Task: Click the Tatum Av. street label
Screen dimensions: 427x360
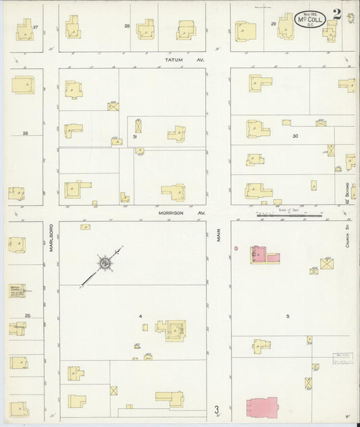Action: point(175,59)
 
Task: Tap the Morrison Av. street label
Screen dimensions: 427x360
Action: point(172,212)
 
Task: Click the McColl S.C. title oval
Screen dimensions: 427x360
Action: point(310,19)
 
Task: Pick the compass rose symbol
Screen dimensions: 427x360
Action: point(105,262)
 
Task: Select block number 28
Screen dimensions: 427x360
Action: point(126,26)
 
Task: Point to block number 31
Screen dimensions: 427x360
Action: point(135,137)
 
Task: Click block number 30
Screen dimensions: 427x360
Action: point(295,136)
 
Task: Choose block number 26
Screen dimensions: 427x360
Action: point(26,133)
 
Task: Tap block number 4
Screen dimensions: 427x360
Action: point(140,316)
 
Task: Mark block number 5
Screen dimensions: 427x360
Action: point(287,316)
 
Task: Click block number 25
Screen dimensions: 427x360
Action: point(28,316)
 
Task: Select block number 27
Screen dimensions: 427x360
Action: point(36,26)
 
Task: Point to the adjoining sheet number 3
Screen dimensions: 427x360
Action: point(217,409)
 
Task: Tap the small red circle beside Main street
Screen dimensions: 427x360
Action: point(236,248)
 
